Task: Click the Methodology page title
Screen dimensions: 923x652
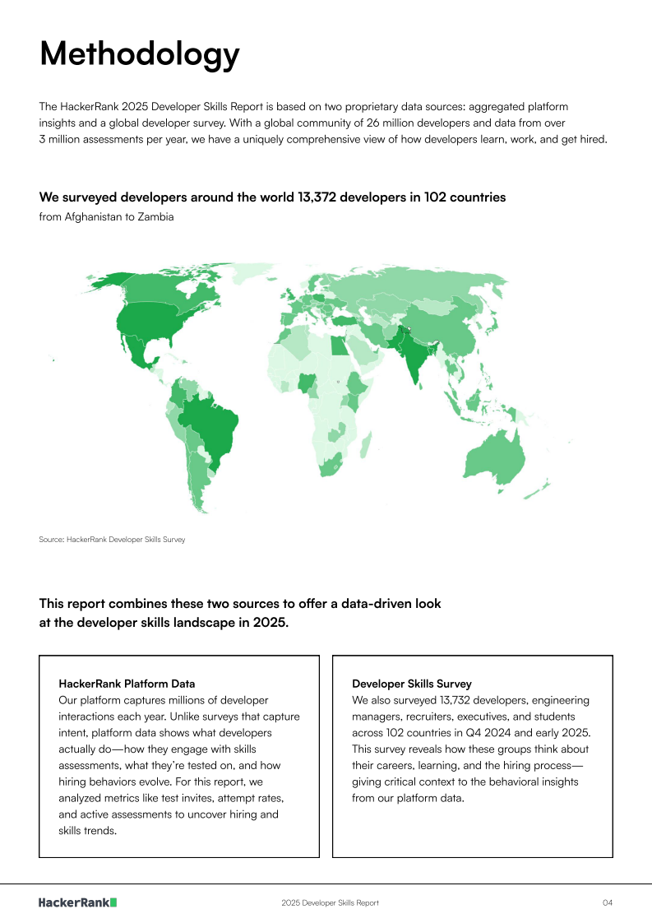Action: pyautogui.click(x=140, y=53)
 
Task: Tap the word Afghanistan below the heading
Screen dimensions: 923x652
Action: pyautogui.click(x=95, y=217)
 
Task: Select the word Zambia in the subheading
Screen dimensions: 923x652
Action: pyautogui.click(x=156, y=217)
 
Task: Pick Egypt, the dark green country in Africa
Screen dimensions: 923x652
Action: pyautogui.click(x=339, y=346)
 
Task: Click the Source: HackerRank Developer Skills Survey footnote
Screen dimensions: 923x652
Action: pyautogui.click(x=112, y=540)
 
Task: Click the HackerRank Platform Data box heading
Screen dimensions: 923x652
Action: pyautogui.click(x=127, y=684)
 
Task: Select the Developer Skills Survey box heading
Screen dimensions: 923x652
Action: pyautogui.click(x=412, y=684)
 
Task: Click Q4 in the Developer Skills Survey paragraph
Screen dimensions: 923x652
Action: pyautogui.click(x=485, y=732)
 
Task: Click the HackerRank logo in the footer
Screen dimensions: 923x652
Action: pyautogui.click(x=78, y=902)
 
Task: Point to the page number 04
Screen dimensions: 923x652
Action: pyautogui.click(x=607, y=903)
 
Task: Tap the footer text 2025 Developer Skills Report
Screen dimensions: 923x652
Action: pyautogui.click(x=330, y=903)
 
